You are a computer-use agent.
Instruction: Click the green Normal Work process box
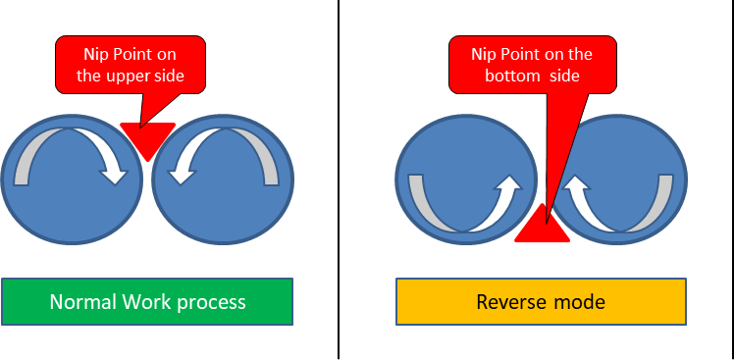(147, 301)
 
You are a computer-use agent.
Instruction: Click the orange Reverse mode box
(541, 301)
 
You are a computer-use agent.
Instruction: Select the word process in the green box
(212, 301)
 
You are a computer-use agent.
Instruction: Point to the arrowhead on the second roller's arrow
(180, 173)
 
